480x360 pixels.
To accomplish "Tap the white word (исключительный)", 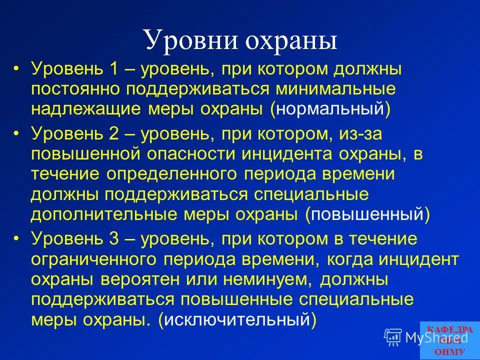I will [237, 319].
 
